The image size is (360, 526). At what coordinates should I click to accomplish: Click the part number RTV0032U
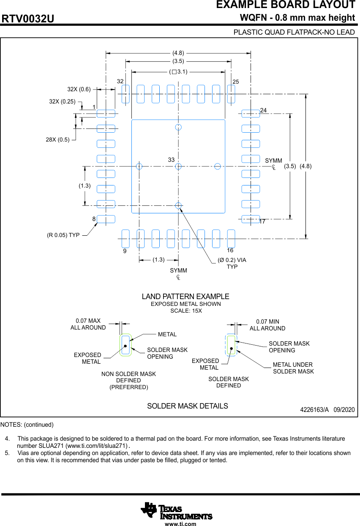28,19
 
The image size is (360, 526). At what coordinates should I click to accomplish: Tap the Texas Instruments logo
176,511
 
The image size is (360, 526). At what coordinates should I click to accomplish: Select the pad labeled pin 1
106,113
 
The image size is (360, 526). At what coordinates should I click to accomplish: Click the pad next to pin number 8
106,219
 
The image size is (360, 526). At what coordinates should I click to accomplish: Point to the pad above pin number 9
125,239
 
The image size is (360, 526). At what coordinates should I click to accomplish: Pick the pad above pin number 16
231,239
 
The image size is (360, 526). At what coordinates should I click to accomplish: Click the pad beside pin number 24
251,113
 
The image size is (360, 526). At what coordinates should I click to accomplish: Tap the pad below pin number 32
125,94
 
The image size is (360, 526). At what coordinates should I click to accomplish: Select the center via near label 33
178,166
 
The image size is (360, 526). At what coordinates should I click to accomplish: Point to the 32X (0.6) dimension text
79,89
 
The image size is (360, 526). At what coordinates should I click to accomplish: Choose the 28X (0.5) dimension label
58,140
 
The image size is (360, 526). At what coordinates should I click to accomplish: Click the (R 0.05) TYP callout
63,235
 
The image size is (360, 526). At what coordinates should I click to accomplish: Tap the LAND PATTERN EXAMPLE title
185,297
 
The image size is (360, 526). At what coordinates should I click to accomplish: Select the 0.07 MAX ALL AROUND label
88,324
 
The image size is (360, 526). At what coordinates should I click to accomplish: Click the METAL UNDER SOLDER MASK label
293,368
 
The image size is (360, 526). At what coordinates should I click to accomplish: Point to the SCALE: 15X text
186,311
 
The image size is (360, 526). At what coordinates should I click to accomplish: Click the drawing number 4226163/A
314,410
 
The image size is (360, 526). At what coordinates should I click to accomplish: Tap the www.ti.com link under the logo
180,524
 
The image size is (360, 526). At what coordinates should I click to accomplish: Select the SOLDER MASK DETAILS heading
188,406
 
